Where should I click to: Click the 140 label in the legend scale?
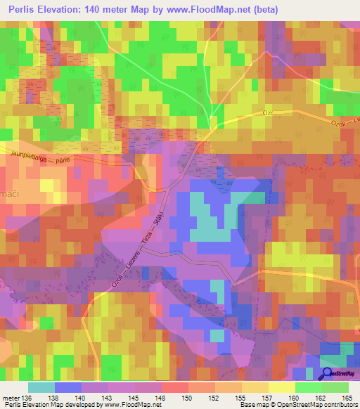pyautogui.click(x=82, y=397)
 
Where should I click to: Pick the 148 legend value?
pyautogui.click(x=161, y=397)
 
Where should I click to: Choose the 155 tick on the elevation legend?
pyautogui.click(x=240, y=397)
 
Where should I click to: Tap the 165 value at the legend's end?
pyautogui.click(x=347, y=397)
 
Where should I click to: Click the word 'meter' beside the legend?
pyautogui.click(x=11, y=397)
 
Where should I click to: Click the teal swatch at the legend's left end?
pyautogui.click(x=41, y=387)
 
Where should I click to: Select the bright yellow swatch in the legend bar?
pyautogui.click(x=281, y=387)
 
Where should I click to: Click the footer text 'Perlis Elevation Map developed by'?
pyautogui.click(x=42, y=405)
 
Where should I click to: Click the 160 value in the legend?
pyautogui.click(x=294, y=397)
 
